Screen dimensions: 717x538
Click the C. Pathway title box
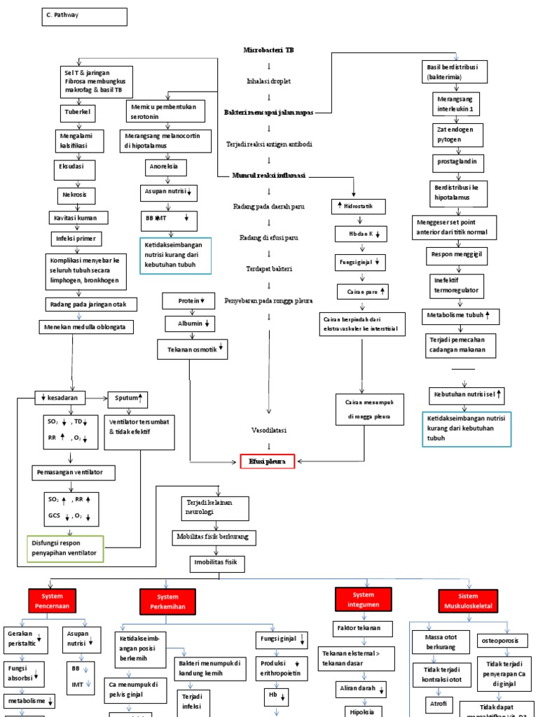82,17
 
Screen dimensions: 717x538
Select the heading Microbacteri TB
268,50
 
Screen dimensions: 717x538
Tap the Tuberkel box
78,112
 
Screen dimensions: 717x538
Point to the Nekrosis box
76,195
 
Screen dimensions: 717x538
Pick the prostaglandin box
456,161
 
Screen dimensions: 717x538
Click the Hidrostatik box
358,207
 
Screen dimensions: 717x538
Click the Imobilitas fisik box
219,562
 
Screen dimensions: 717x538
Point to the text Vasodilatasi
269,429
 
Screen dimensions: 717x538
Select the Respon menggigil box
457,256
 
